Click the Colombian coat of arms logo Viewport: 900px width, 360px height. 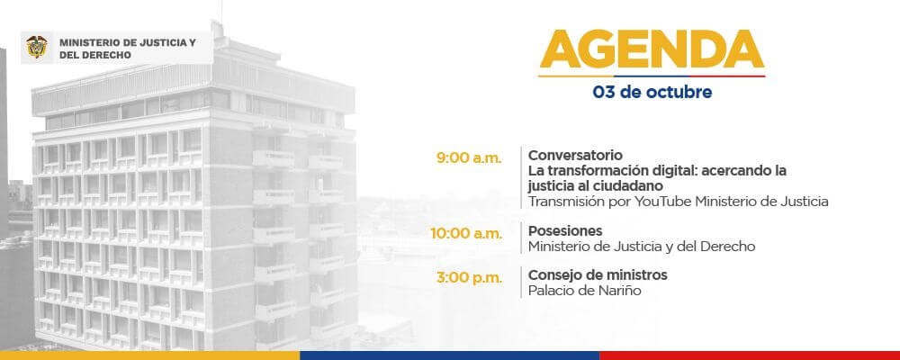(37, 47)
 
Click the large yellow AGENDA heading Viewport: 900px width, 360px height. (652, 49)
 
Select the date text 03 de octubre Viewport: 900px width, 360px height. (652, 92)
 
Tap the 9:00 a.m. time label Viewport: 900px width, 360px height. (469, 159)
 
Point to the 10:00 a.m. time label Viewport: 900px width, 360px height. (466, 234)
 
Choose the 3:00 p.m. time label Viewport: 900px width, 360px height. (469, 278)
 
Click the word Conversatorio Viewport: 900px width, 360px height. (575, 155)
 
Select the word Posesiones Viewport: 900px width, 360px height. (565, 230)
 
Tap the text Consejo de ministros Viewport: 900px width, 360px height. (598, 275)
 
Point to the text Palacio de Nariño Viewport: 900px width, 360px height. (584, 291)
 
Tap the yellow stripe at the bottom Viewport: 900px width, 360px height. (149, 355)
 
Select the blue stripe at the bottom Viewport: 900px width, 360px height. (449, 355)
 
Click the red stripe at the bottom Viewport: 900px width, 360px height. (750, 355)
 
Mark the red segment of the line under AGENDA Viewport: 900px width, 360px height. (727, 76)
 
